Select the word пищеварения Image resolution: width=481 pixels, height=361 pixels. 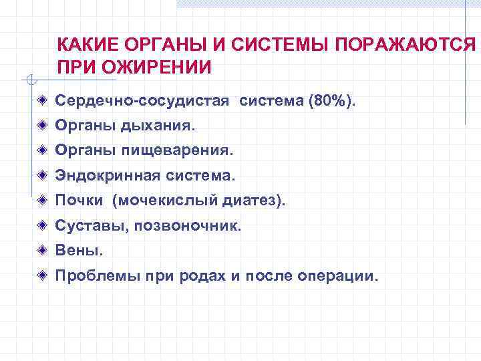click(x=178, y=150)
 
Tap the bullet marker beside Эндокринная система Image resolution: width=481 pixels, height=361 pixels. click(x=42, y=176)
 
